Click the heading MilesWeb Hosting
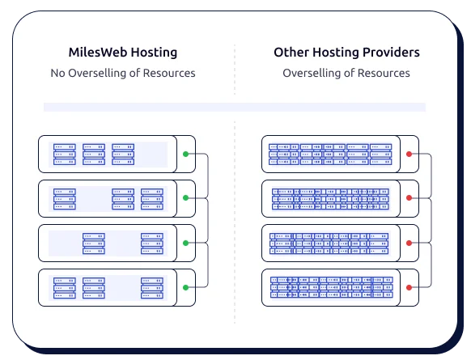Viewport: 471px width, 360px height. click(122, 53)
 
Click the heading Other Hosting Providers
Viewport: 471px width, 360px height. click(346, 53)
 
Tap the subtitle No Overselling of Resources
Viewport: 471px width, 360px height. click(122, 74)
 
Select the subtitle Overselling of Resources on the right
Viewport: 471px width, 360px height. click(346, 74)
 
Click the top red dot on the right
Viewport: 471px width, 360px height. click(409, 154)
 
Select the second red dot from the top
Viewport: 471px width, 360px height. click(409, 197)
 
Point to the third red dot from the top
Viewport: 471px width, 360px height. click(409, 242)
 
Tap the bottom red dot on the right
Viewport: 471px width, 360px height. click(409, 286)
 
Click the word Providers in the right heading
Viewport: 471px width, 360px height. click(392, 53)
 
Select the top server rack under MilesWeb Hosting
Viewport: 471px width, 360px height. click(106, 154)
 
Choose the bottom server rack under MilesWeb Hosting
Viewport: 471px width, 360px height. click(106, 287)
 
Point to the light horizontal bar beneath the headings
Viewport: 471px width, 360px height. click(235, 107)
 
